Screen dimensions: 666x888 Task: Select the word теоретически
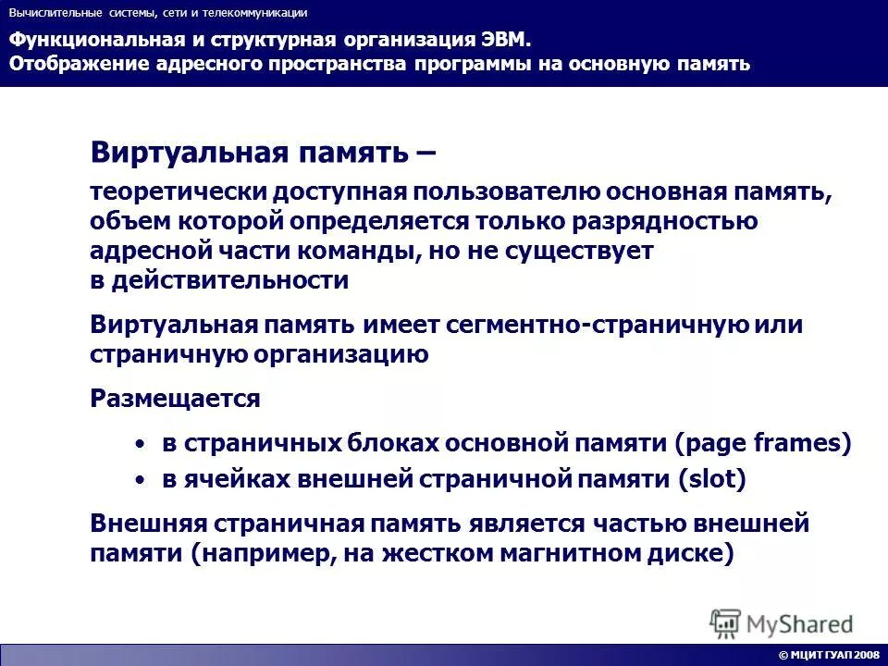click(x=176, y=192)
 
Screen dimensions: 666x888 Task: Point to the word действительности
click(x=230, y=281)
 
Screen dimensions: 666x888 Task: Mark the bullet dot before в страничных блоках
click(x=140, y=445)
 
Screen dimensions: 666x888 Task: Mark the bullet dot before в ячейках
click(x=140, y=480)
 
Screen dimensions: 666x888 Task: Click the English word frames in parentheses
click(x=797, y=443)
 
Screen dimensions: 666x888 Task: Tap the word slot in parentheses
click(x=710, y=479)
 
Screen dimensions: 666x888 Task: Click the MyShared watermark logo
click(x=782, y=623)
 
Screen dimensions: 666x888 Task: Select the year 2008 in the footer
click(x=867, y=655)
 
